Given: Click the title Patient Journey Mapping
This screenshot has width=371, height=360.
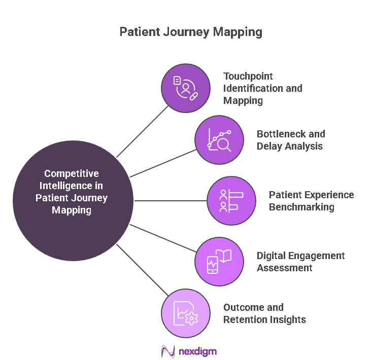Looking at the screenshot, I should point(191,32).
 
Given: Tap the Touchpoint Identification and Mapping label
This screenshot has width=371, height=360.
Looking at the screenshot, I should point(262,88).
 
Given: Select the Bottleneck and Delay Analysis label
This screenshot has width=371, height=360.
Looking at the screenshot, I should point(291,140).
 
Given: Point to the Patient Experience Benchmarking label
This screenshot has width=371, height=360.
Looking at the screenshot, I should point(311,201).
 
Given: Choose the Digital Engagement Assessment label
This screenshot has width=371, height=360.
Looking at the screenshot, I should point(300,262).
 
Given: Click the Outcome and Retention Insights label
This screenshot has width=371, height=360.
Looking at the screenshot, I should point(264,313).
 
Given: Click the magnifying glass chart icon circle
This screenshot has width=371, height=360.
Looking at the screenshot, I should point(219,140).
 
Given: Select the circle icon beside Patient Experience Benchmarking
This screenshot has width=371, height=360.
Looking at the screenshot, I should point(231,201).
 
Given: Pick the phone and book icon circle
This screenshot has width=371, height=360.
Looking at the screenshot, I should point(219,261).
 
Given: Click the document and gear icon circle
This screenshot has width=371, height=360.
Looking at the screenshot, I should point(185,313).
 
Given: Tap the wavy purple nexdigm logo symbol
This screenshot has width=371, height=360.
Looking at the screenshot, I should point(167,351).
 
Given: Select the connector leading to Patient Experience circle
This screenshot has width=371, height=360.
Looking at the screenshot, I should point(171,201).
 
